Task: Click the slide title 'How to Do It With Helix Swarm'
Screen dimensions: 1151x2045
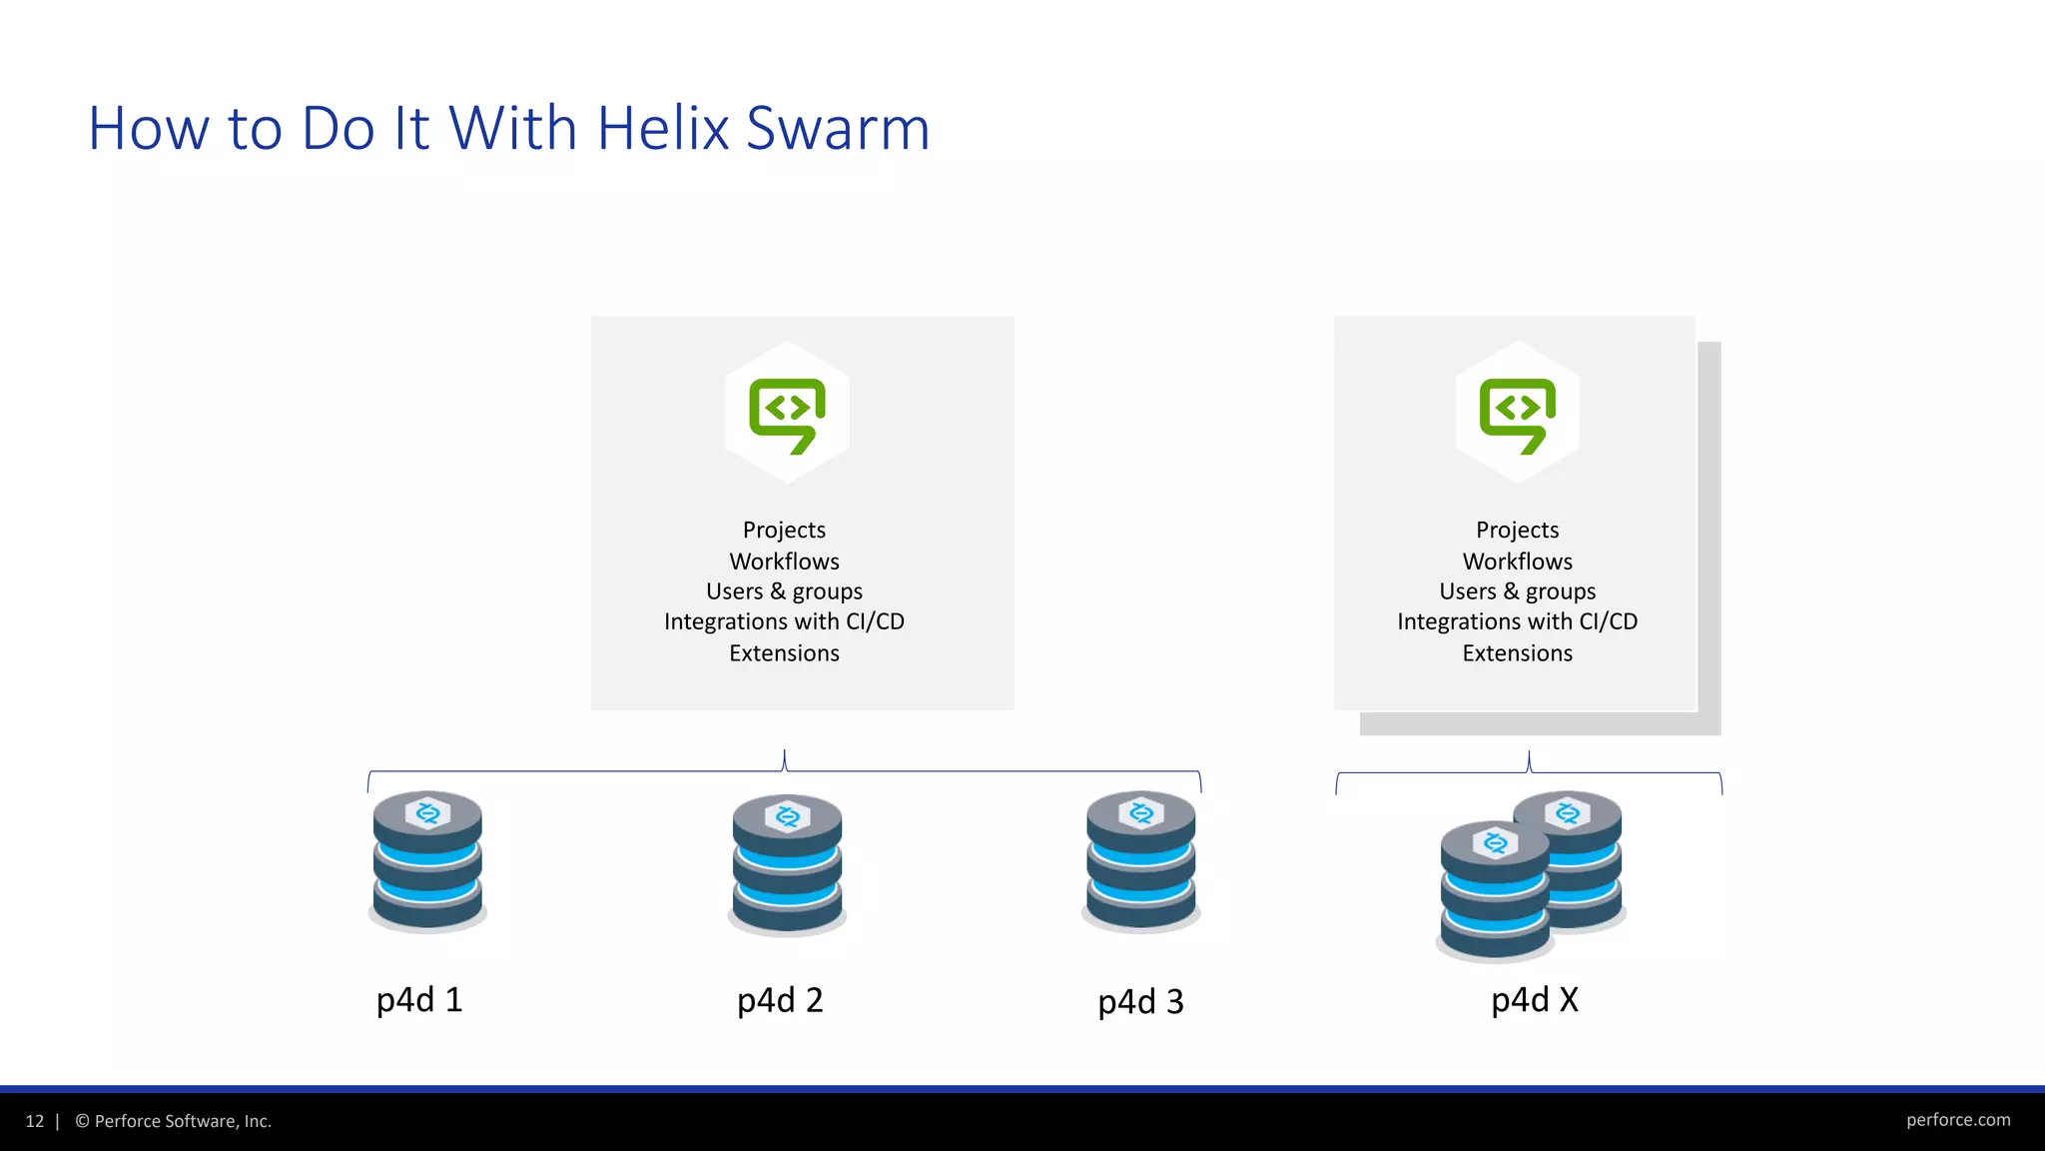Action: pos(509,129)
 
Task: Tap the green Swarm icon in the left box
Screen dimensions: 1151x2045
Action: pos(788,414)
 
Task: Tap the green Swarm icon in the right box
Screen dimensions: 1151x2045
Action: pos(1518,414)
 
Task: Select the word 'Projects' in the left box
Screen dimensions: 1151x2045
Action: pos(784,530)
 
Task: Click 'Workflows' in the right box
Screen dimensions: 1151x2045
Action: pos(1517,562)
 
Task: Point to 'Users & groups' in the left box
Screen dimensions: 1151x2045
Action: pos(784,591)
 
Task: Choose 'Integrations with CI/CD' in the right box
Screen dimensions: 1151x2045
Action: pos(1517,621)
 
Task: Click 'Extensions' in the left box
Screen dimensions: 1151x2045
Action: pos(784,653)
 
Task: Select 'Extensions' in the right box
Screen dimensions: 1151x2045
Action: pos(1517,653)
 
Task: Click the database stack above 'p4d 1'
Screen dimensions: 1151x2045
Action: pos(427,861)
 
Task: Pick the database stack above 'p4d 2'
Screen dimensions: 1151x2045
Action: pos(787,864)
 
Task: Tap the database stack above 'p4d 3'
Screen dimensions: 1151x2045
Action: pos(1140,861)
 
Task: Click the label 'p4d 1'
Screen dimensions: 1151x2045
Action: pos(419,1000)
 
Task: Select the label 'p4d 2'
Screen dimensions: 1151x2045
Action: pos(780,1000)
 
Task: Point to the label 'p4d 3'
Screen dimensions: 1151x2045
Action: pos(1140,1001)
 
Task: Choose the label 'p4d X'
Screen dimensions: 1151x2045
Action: pos(1535,1000)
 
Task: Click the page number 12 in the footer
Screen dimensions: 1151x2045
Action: pos(35,1121)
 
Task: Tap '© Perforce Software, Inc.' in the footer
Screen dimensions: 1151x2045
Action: pos(173,1121)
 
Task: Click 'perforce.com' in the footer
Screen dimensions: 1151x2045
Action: pos(1958,1120)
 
